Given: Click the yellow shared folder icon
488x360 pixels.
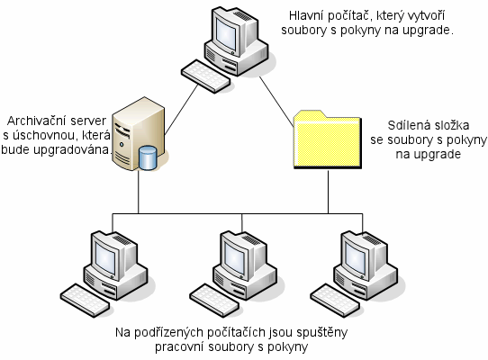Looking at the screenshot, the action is [x=328, y=140].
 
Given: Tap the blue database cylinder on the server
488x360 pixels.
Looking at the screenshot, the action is [x=148, y=157].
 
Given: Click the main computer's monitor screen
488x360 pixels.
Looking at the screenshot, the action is [x=227, y=33].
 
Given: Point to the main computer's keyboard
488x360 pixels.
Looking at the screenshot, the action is [x=205, y=76].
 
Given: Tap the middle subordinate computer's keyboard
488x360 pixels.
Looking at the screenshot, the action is [x=214, y=301].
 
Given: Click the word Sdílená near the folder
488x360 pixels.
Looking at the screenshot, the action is [x=406, y=125].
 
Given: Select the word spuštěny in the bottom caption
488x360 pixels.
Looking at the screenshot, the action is [x=321, y=333].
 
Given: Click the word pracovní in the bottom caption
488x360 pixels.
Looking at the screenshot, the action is [x=179, y=346].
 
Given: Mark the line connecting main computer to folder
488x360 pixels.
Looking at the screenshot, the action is [x=276, y=102].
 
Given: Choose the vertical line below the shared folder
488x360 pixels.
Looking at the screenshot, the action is [x=328, y=192].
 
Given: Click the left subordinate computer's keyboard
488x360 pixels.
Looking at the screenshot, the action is [x=85, y=301].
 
